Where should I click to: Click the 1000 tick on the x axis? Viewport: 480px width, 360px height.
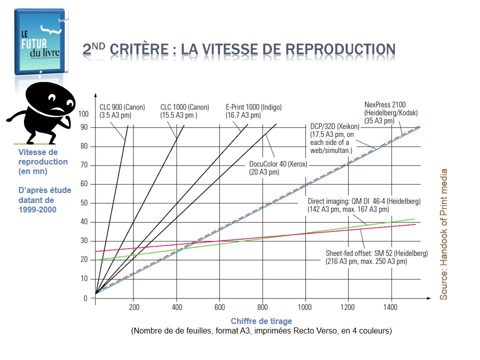click(304, 307)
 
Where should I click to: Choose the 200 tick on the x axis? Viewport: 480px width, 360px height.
click(134, 307)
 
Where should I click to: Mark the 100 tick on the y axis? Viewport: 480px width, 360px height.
click(82, 113)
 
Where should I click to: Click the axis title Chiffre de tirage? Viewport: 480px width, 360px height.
click(261, 321)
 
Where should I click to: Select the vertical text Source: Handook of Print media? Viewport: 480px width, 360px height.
click(443, 234)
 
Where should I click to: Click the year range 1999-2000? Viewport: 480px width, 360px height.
click(37, 209)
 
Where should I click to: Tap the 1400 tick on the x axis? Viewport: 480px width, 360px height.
click(390, 307)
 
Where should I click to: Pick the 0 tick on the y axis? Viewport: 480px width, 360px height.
click(85, 298)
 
